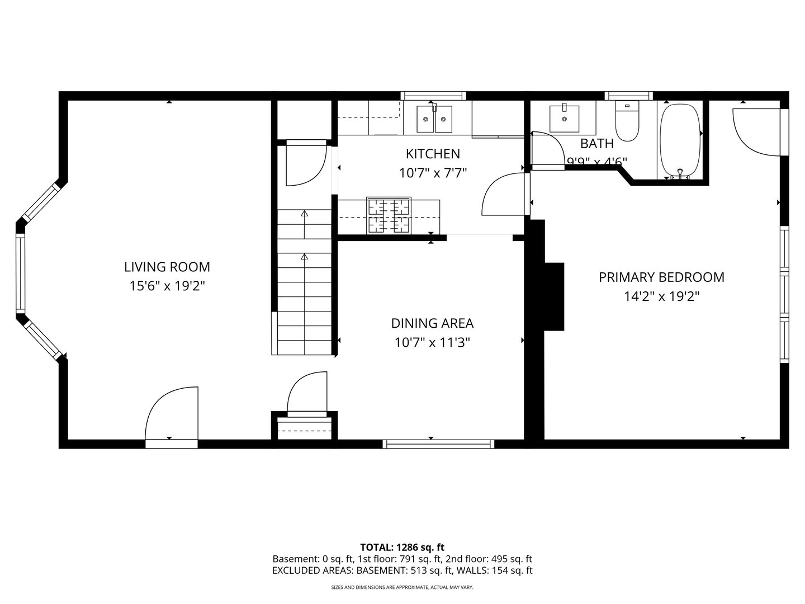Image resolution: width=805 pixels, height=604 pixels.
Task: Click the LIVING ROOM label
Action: (x=167, y=267)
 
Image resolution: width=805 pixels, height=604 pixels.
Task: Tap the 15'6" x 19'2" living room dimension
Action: (x=167, y=286)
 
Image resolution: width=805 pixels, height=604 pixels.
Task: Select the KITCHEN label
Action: (x=433, y=154)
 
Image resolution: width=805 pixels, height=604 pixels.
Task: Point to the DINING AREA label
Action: (x=432, y=323)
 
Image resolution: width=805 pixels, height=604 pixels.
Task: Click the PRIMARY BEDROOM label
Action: (x=661, y=277)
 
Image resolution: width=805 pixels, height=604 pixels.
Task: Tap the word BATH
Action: (x=596, y=144)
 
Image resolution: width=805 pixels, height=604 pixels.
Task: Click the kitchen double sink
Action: (x=435, y=119)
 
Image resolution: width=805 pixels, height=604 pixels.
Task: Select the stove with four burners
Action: (x=389, y=215)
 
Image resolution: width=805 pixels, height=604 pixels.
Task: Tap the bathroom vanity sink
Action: (x=563, y=117)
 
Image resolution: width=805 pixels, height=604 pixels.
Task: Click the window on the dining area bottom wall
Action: (x=438, y=444)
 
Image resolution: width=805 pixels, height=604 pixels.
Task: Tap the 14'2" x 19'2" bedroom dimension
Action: (x=661, y=296)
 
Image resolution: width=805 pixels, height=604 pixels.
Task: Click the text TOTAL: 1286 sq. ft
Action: (x=402, y=547)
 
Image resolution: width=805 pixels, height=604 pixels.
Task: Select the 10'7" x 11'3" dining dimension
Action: (x=432, y=342)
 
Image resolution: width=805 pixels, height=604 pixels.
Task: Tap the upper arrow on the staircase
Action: (x=305, y=214)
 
